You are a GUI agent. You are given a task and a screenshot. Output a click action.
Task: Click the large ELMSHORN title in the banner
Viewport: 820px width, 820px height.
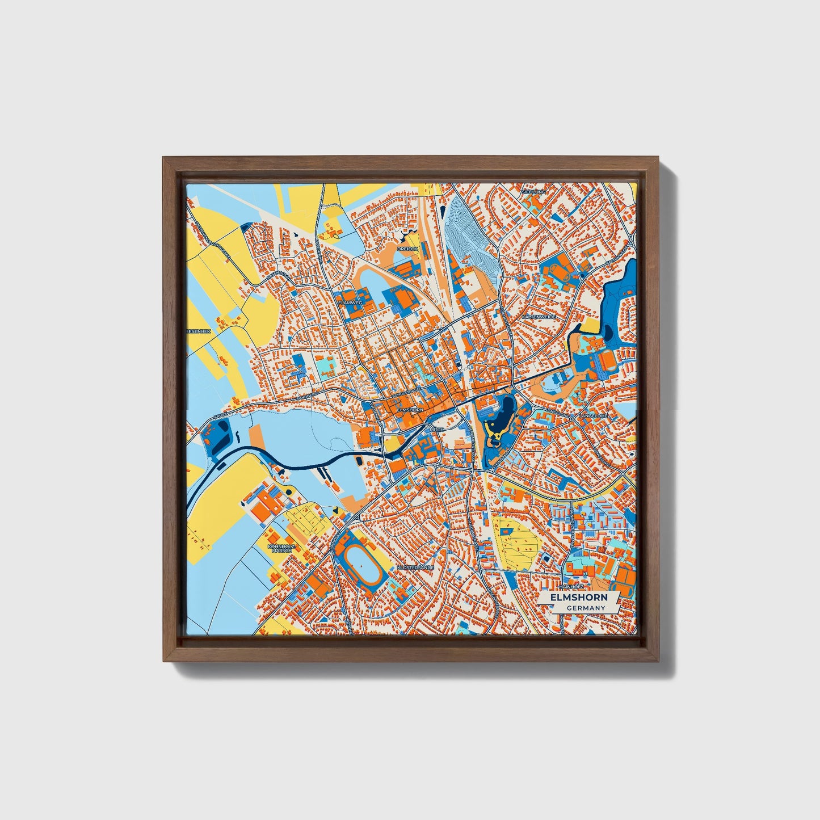point(579,598)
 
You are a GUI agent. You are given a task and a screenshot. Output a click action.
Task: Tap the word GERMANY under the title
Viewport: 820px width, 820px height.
point(586,608)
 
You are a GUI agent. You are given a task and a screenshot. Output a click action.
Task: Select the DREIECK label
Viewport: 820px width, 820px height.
point(407,249)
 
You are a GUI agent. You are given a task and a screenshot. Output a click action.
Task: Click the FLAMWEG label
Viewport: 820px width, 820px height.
point(350,303)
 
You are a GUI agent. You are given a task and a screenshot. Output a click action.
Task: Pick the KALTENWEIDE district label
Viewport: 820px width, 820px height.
point(539,316)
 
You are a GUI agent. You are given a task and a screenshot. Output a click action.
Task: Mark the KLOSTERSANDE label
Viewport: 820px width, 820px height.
point(416,567)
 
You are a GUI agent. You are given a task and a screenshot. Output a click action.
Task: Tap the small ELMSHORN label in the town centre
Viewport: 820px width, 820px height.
point(410,409)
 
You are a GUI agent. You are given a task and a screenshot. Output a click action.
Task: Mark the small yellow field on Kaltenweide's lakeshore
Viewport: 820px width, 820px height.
point(591,325)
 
